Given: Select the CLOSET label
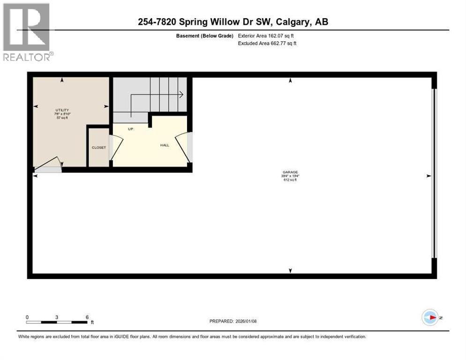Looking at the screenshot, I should point(99,148).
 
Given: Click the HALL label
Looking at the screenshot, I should point(165,145).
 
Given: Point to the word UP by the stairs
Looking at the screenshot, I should point(131,129).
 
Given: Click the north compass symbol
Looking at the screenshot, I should point(430,317).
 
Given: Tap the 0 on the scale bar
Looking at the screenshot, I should point(27,317).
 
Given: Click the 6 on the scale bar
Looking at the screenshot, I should point(87,317).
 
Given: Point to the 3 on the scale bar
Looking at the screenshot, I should point(57,317).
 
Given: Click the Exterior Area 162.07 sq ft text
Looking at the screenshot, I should point(267,36).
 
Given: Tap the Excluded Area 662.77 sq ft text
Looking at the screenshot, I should point(267,43).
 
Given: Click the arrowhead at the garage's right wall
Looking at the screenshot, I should point(428,176).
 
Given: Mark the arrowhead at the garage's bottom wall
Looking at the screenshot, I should point(290,270).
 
